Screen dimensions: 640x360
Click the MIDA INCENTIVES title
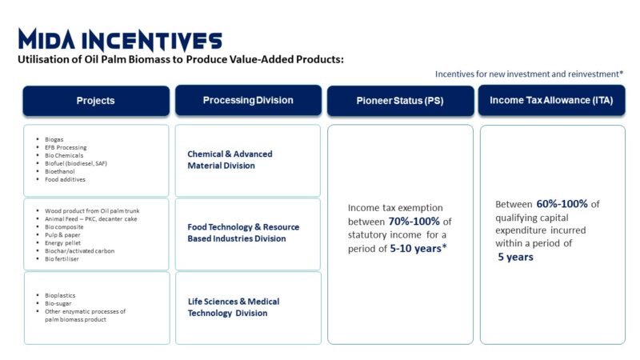120,40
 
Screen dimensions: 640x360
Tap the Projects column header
96,101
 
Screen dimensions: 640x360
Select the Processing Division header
248,101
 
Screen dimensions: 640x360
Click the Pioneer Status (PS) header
400,101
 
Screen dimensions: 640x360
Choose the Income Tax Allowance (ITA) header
551,101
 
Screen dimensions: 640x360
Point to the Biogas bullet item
54,139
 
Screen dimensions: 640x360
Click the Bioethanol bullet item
59,171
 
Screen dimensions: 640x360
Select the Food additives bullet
65,179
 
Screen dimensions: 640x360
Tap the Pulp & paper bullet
62,235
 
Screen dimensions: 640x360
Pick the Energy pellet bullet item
62,243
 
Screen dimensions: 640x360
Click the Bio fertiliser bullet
62,258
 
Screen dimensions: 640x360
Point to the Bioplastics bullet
60,295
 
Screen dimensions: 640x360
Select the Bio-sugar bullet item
58,304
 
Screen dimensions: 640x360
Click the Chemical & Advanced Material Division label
230,160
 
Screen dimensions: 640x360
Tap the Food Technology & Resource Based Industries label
243,233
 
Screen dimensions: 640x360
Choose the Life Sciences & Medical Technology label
234,307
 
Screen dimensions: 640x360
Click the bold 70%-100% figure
414,222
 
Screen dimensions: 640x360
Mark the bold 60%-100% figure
562,204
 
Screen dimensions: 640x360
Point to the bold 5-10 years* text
418,249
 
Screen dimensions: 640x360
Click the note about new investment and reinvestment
529,74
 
